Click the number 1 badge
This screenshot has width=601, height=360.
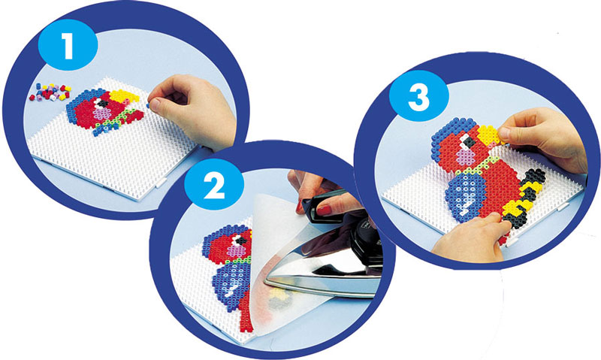click(68, 45)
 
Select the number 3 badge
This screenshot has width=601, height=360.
click(419, 96)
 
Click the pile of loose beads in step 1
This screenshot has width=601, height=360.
click(50, 92)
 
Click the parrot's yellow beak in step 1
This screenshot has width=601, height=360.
click(123, 96)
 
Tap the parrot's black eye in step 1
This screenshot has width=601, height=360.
click(103, 103)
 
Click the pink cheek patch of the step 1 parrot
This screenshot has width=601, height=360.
click(102, 114)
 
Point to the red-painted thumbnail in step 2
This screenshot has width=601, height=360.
click(324, 210)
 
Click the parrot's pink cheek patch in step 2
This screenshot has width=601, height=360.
click(237, 252)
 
